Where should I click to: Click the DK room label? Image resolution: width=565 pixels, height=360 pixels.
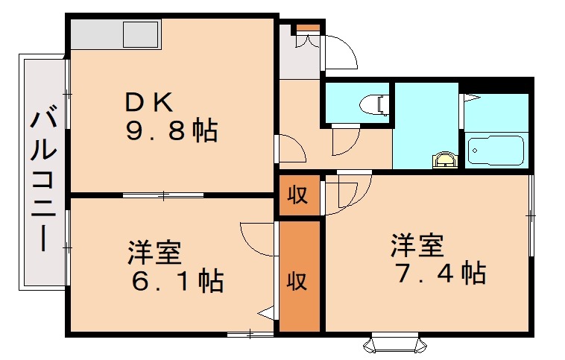149,101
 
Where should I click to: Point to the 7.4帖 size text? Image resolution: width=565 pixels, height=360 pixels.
440,273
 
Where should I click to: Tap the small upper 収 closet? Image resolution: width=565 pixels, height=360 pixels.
298,196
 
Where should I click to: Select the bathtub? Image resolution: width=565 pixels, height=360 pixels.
496,149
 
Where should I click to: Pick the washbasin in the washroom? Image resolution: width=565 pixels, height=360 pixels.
445,159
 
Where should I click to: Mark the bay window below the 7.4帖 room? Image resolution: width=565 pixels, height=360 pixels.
395,344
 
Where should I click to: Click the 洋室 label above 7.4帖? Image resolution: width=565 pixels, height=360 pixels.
417,244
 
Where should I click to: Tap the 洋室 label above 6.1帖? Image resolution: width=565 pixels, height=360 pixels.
154,253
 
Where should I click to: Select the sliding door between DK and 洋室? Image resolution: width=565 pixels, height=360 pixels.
163,195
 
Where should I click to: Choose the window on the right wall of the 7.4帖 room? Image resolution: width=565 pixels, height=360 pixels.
531,215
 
